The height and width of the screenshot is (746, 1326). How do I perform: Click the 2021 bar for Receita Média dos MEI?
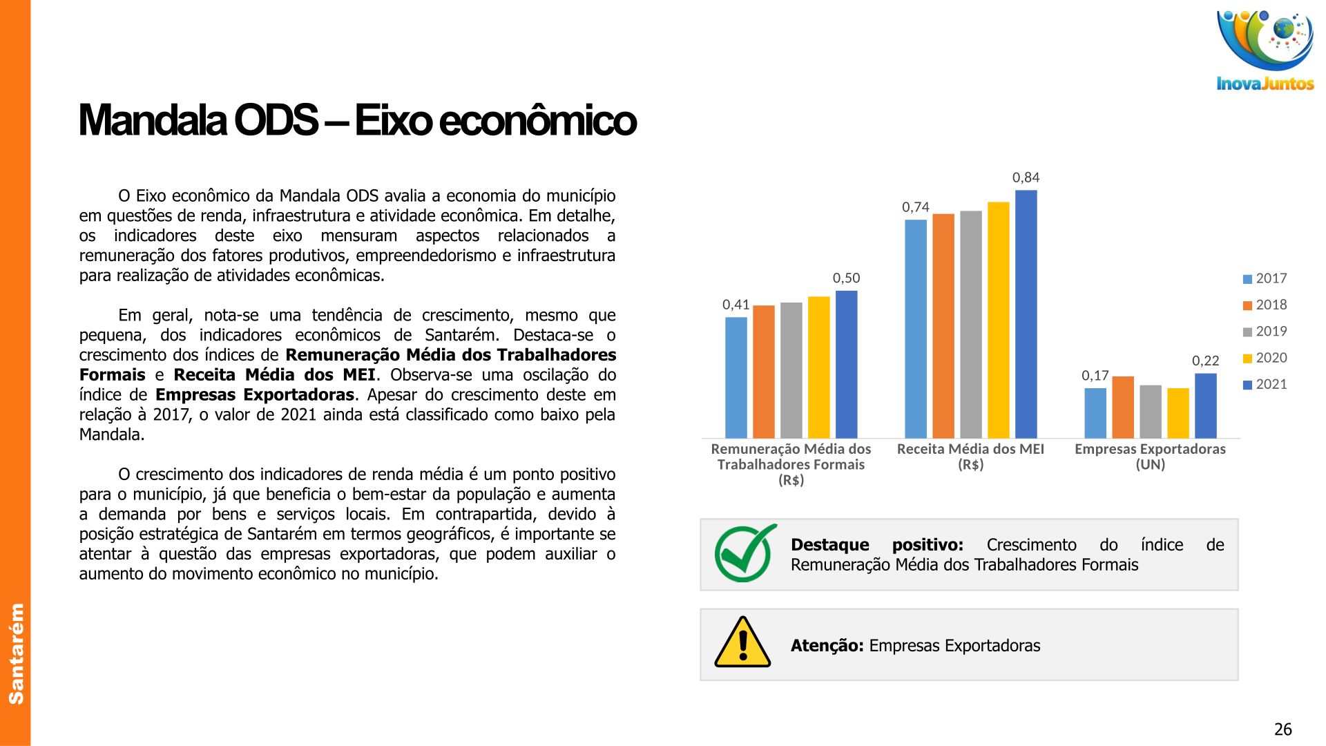point(1026,314)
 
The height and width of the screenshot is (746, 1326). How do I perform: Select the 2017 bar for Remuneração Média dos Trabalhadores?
point(736,378)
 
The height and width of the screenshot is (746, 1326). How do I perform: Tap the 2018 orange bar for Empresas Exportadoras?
point(1123,408)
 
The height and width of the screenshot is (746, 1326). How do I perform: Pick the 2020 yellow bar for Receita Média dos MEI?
point(998,321)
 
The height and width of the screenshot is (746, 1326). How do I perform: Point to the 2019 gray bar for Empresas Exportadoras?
point(1151,412)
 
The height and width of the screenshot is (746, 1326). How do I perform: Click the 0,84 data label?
point(1026,178)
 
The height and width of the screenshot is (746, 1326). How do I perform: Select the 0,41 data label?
point(736,305)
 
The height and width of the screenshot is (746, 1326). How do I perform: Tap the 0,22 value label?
point(1206,361)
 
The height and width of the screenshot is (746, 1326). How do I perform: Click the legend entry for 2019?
point(1265,332)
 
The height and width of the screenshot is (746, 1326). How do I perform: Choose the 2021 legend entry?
point(1265,385)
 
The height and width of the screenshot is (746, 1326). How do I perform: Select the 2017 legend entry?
point(1265,278)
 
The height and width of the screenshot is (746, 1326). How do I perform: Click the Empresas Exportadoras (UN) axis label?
point(1150,457)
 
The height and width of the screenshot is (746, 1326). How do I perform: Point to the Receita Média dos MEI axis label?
point(970,457)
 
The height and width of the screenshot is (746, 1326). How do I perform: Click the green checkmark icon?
point(745,553)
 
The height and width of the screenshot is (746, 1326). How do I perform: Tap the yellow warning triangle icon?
point(742,642)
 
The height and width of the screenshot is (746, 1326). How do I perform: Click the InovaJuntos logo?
point(1265,50)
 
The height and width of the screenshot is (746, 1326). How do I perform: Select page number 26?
point(1282,729)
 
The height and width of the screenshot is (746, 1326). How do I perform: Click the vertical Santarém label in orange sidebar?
point(16,653)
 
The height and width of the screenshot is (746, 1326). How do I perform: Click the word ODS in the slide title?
point(276,120)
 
